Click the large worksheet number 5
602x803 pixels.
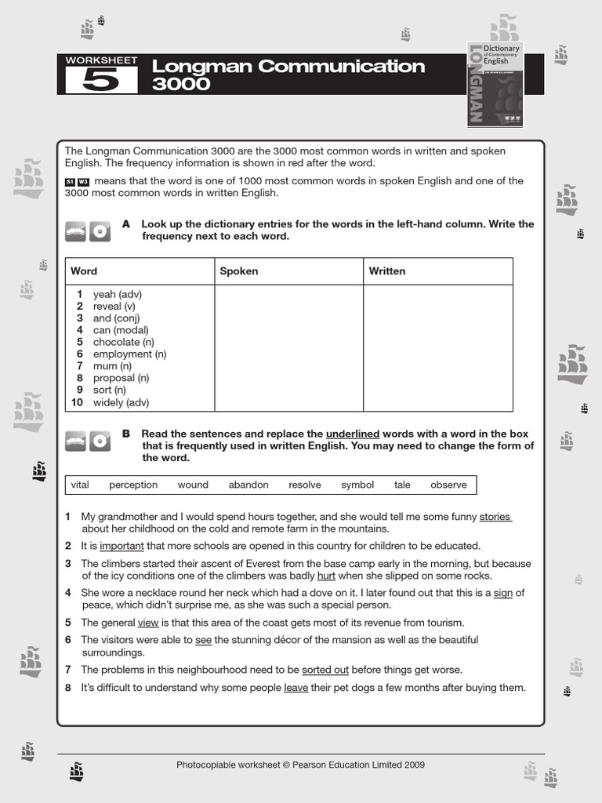point(101,81)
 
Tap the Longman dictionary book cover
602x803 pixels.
point(495,84)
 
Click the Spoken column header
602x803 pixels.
point(238,271)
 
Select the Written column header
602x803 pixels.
point(387,271)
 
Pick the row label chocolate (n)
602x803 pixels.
point(123,342)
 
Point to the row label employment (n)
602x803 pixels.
point(129,354)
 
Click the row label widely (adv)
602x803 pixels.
point(121,402)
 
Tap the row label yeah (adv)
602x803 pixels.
point(117,294)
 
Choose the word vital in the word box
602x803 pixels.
point(80,485)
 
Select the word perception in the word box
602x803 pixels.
point(133,485)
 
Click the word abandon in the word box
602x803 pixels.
point(248,485)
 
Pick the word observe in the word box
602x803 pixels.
point(448,485)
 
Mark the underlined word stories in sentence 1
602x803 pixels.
point(495,517)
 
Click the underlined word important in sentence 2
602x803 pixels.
point(121,546)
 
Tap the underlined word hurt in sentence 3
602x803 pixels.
point(325,576)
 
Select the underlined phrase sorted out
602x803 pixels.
point(325,670)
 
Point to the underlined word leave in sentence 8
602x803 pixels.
point(296,688)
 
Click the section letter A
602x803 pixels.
point(126,224)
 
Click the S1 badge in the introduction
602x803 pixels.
point(70,182)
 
